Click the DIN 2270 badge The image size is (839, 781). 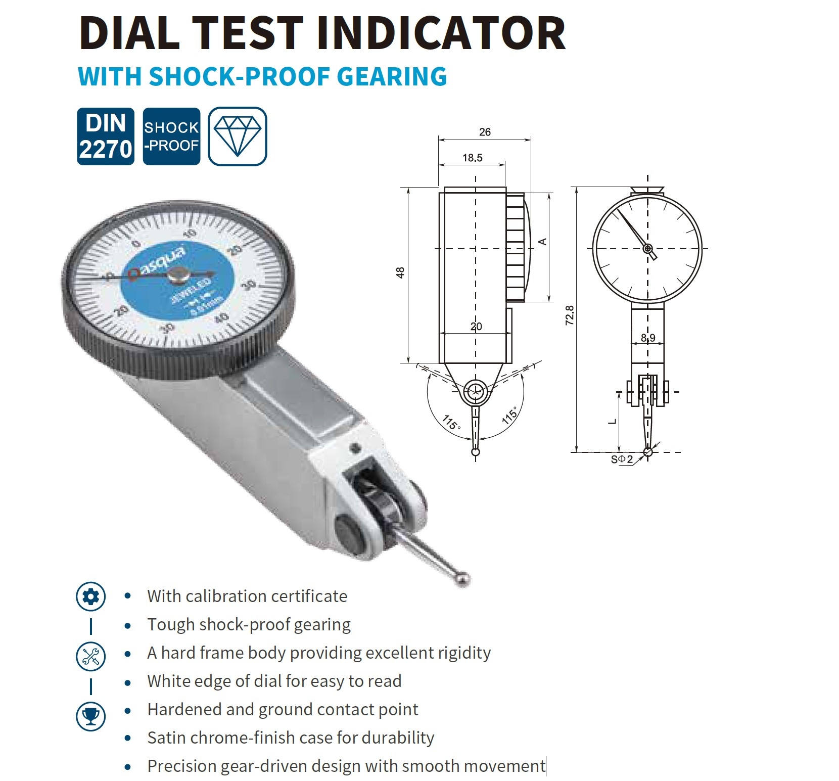point(106,136)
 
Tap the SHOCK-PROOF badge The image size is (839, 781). point(171,136)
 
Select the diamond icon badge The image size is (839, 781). point(238,136)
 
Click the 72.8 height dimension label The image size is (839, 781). point(570,315)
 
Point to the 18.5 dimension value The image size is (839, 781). point(472,158)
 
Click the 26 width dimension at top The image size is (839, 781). point(485,132)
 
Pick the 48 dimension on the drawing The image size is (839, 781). point(400,272)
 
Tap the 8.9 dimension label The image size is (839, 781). point(648,337)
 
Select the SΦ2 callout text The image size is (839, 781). point(622,459)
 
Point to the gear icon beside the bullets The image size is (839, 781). point(91,596)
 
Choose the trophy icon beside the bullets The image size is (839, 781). point(91,716)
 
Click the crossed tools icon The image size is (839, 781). point(91,656)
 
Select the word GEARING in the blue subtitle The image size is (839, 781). point(392,76)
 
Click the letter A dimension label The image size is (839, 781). point(542,242)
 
